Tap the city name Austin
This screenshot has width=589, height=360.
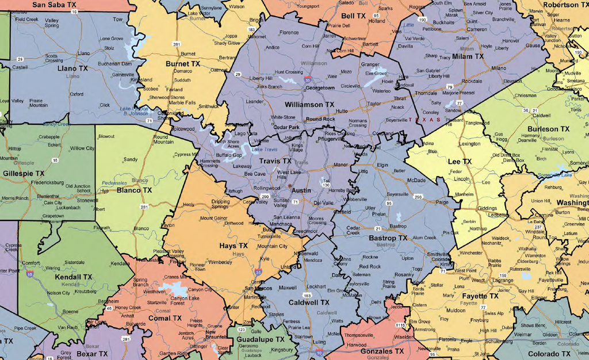302,190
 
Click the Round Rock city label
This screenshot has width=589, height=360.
320,119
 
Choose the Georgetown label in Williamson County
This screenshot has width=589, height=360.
320,88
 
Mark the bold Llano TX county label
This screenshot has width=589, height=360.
72,68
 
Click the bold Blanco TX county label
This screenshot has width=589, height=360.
134,190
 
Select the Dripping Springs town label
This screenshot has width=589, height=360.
220,204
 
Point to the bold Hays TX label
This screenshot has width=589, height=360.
234,246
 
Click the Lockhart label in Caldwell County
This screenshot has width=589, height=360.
316,286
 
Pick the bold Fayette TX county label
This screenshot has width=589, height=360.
480,296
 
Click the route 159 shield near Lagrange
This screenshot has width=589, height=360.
503,275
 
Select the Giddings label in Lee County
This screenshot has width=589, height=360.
487,209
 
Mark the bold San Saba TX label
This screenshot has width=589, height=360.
55,5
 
